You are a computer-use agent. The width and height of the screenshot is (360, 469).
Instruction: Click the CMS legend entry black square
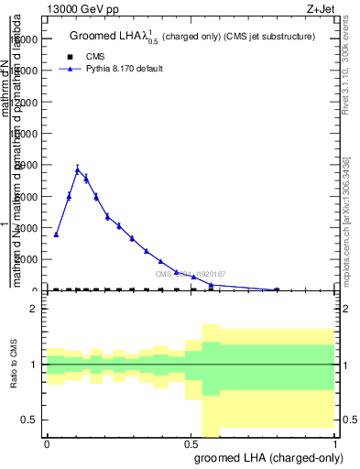coord(70,57)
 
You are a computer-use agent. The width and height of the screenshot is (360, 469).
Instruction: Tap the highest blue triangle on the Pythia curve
coord(78,170)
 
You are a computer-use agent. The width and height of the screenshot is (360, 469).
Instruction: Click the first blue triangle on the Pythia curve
coord(57,234)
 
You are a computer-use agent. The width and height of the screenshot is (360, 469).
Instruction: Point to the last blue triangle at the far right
coord(277,289)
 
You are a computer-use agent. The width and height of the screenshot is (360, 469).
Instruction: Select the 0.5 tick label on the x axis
coord(191,443)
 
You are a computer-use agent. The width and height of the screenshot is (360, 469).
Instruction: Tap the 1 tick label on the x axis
coord(336,443)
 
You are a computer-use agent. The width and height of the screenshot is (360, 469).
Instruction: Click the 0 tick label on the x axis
coord(47,443)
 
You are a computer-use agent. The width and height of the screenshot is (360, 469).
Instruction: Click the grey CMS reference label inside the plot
coord(190,274)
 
